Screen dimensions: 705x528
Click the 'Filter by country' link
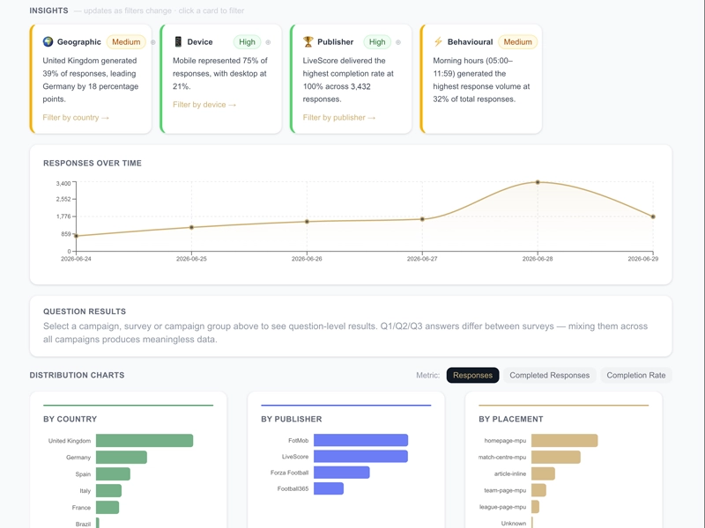(76, 118)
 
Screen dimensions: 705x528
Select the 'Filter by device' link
(204, 105)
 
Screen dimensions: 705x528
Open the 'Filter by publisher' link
(338, 118)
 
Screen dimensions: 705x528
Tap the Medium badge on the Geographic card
(126, 41)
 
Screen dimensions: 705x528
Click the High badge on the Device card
(247, 41)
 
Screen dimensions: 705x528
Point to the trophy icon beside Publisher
(308, 41)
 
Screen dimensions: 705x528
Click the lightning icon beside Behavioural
(438, 41)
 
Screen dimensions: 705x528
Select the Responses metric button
(472, 376)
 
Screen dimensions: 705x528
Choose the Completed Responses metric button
(549, 376)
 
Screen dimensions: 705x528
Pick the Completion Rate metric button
(635, 376)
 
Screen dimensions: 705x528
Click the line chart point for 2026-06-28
(538, 182)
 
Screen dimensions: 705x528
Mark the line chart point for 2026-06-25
(191, 227)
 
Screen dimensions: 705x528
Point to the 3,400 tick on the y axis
(63, 183)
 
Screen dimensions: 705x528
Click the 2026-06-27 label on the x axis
(422, 259)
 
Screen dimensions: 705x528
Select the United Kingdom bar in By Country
(145, 441)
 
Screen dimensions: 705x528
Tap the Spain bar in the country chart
(113, 474)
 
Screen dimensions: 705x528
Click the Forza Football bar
(342, 473)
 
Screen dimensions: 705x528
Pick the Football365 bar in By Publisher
(329, 488)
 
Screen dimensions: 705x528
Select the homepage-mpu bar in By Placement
(565, 441)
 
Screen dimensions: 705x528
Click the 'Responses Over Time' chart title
(93, 163)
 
